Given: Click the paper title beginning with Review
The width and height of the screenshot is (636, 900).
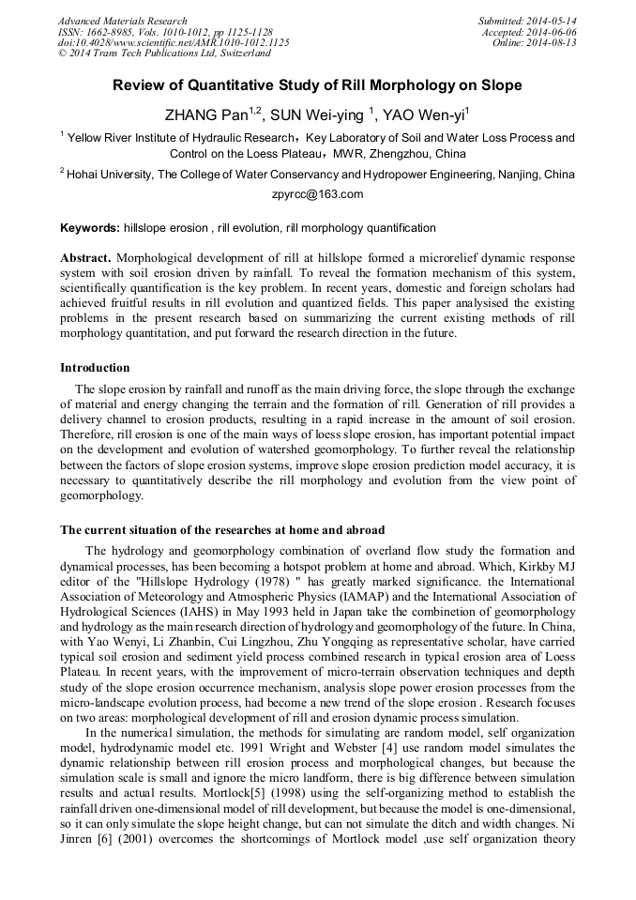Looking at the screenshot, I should pyautogui.click(x=317, y=85).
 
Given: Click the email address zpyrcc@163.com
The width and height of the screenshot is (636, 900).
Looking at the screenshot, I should pyautogui.click(x=317, y=194).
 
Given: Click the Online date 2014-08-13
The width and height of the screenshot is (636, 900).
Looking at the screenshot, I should pyautogui.click(x=551, y=42).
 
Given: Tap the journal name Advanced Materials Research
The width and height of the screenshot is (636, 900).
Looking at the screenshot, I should pyautogui.click(x=122, y=21).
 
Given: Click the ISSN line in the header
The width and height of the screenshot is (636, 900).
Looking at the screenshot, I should pyautogui.click(x=150, y=32).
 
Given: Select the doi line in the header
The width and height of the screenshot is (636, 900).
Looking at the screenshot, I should pyautogui.click(x=174, y=42).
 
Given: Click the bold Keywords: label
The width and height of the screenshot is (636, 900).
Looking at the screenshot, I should pyautogui.click(x=90, y=228).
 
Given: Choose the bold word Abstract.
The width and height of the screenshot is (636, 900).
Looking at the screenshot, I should pyautogui.click(x=86, y=257).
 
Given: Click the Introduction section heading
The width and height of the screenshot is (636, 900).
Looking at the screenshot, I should pyautogui.click(x=95, y=367).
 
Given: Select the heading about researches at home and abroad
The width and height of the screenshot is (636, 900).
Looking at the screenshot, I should pyautogui.click(x=221, y=530).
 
